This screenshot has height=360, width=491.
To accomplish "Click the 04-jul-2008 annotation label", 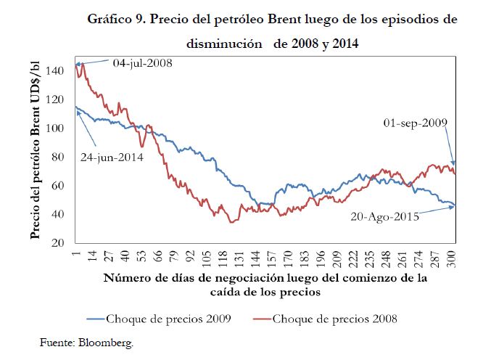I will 141,63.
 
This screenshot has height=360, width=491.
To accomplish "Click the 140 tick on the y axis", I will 60,71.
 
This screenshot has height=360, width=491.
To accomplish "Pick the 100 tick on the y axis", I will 60,128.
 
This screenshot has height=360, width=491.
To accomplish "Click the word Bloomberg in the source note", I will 108,340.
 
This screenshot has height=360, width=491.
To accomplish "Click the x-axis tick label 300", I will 451,258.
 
